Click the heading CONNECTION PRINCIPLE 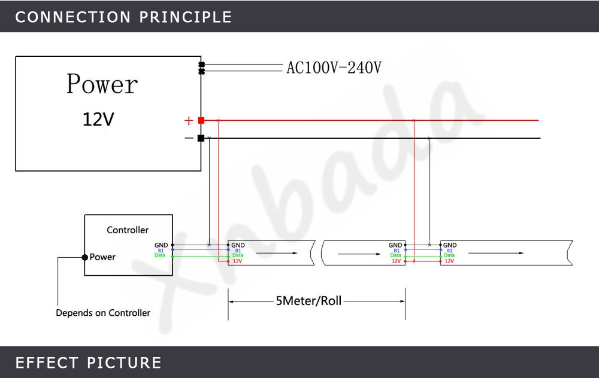123,17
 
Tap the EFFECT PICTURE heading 89,362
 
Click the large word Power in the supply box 102,84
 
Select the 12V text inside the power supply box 98,120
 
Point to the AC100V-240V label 334,68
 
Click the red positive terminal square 201,120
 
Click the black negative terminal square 201,138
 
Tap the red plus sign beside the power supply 189,121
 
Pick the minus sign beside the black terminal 189,138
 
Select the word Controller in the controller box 128,230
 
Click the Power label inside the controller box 102,257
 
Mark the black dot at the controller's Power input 85,257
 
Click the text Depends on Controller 103,313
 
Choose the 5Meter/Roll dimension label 308,301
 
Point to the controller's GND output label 161,245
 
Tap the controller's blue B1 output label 161,250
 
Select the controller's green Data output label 160,255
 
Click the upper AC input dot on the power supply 202,65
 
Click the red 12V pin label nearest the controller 237,261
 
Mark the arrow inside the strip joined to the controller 285,253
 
